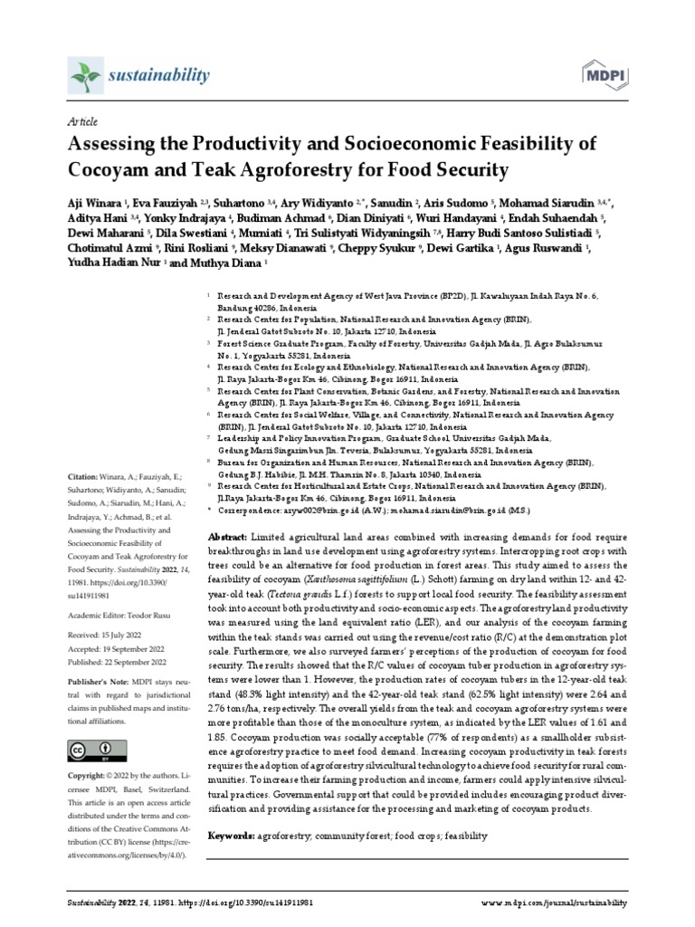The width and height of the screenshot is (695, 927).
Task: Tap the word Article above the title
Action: tap(82, 121)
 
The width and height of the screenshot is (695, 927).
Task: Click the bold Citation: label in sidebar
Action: tap(87, 476)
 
